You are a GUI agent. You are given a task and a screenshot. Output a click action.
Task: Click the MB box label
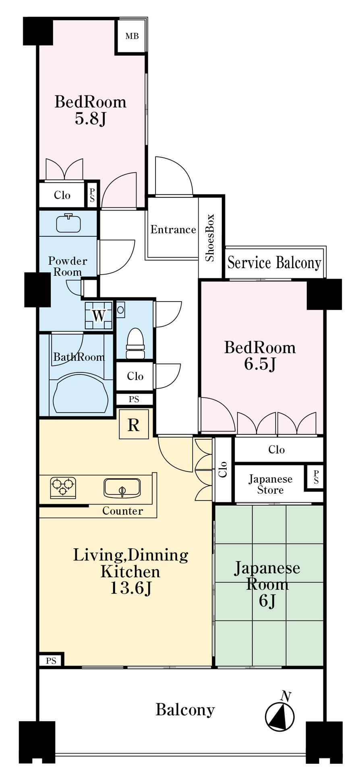point(132,36)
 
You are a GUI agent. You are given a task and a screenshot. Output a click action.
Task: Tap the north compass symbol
point(280,717)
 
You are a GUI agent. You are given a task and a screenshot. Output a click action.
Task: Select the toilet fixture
point(135,343)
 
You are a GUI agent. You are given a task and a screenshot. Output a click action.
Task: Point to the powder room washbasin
point(68,223)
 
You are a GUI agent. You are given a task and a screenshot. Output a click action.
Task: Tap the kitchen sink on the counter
point(122,488)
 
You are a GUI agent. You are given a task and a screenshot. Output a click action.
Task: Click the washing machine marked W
point(99,315)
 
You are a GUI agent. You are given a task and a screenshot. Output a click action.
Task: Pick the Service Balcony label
point(274,263)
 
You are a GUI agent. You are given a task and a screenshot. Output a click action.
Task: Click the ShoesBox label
point(210,238)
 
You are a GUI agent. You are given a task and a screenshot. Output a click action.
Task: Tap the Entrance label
point(173,229)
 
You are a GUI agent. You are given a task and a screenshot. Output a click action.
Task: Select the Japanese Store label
point(270,484)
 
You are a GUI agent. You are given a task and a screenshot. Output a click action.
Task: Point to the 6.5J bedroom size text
point(260,364)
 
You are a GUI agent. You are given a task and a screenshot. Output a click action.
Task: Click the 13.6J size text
point(130,589)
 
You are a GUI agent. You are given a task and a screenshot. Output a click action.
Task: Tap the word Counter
point(122,511)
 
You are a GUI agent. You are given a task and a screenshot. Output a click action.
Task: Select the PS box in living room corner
point(51,661)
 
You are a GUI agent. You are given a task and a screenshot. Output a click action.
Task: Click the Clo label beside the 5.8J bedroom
point(62,195)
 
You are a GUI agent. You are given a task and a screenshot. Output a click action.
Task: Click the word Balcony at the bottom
point(185,709)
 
